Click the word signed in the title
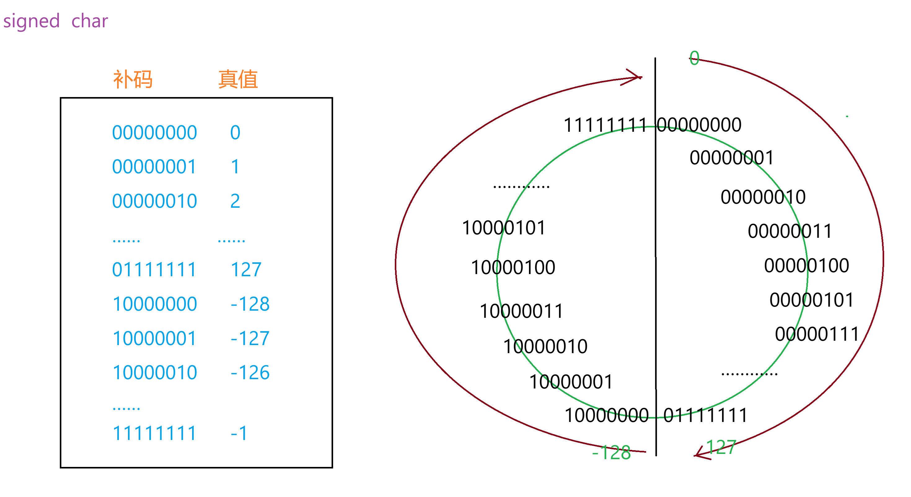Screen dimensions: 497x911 pyautogui.click(x=31, y=21)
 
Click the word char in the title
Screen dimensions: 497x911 pyautogui.click(x=90, y=21)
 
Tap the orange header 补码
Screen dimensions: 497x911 pyautogui.click(x=133, y=79)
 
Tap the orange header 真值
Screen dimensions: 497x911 pyautogui.click(x=238, y=79)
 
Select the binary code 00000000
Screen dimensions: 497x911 pyautogui.click(x=155, y=133)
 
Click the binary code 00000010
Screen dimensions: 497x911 pyautogui.click(x=155, y=201)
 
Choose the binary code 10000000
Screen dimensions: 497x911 pyautogui.click(x=155, y=304)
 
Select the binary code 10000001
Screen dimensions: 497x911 pyautogui.click(x=154, y=339)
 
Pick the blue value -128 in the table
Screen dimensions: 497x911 pyautogui.click(x=250, y=304)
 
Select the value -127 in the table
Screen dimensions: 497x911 pyautogui.click(x=250, y=339)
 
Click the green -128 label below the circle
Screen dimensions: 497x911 pyautogui.click(x=612, y=453)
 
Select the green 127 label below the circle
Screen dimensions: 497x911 pyautogui.click(x=721, y=447)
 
